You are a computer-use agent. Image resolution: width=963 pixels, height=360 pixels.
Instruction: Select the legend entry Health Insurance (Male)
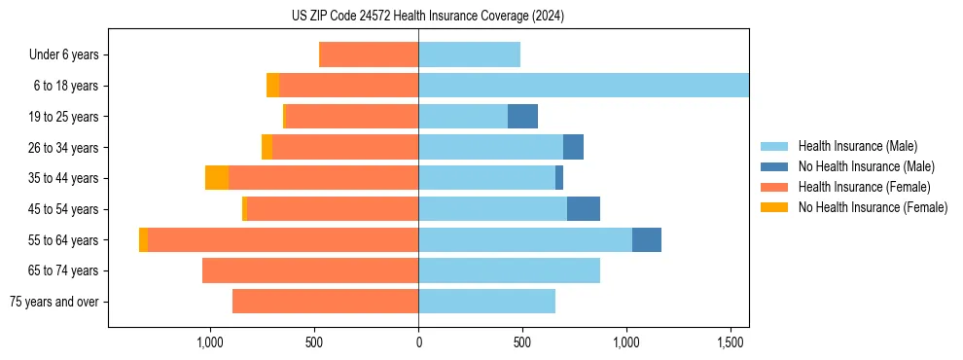tap(857, 146)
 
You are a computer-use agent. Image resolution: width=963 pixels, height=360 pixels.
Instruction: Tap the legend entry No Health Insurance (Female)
tap(873, 207)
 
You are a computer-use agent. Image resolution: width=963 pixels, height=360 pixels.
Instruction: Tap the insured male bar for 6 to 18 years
tap(584, 86)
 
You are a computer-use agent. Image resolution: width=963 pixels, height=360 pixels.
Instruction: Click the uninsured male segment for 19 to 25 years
tap(522, 117)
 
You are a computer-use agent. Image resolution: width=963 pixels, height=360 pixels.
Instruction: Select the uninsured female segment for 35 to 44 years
tap(217, 178)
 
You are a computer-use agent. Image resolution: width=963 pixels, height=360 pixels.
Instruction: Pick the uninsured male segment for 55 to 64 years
tap(647, 240)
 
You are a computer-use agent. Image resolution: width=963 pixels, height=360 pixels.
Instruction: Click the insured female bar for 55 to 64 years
tap(283, 240)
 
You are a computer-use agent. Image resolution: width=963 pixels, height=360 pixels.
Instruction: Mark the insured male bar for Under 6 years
tap(469, 55)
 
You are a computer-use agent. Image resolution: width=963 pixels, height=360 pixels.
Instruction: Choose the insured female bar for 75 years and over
tap(325, 302)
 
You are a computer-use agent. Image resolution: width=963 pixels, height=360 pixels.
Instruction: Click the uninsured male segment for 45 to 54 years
tap(584, 209)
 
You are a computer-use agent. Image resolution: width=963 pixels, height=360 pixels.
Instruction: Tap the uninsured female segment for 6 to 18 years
tap(272, 86)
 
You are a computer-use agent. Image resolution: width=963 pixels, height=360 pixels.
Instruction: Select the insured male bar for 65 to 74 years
tap(509, 270)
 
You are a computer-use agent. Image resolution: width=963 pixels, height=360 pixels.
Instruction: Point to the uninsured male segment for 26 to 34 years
tap(573, 148)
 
